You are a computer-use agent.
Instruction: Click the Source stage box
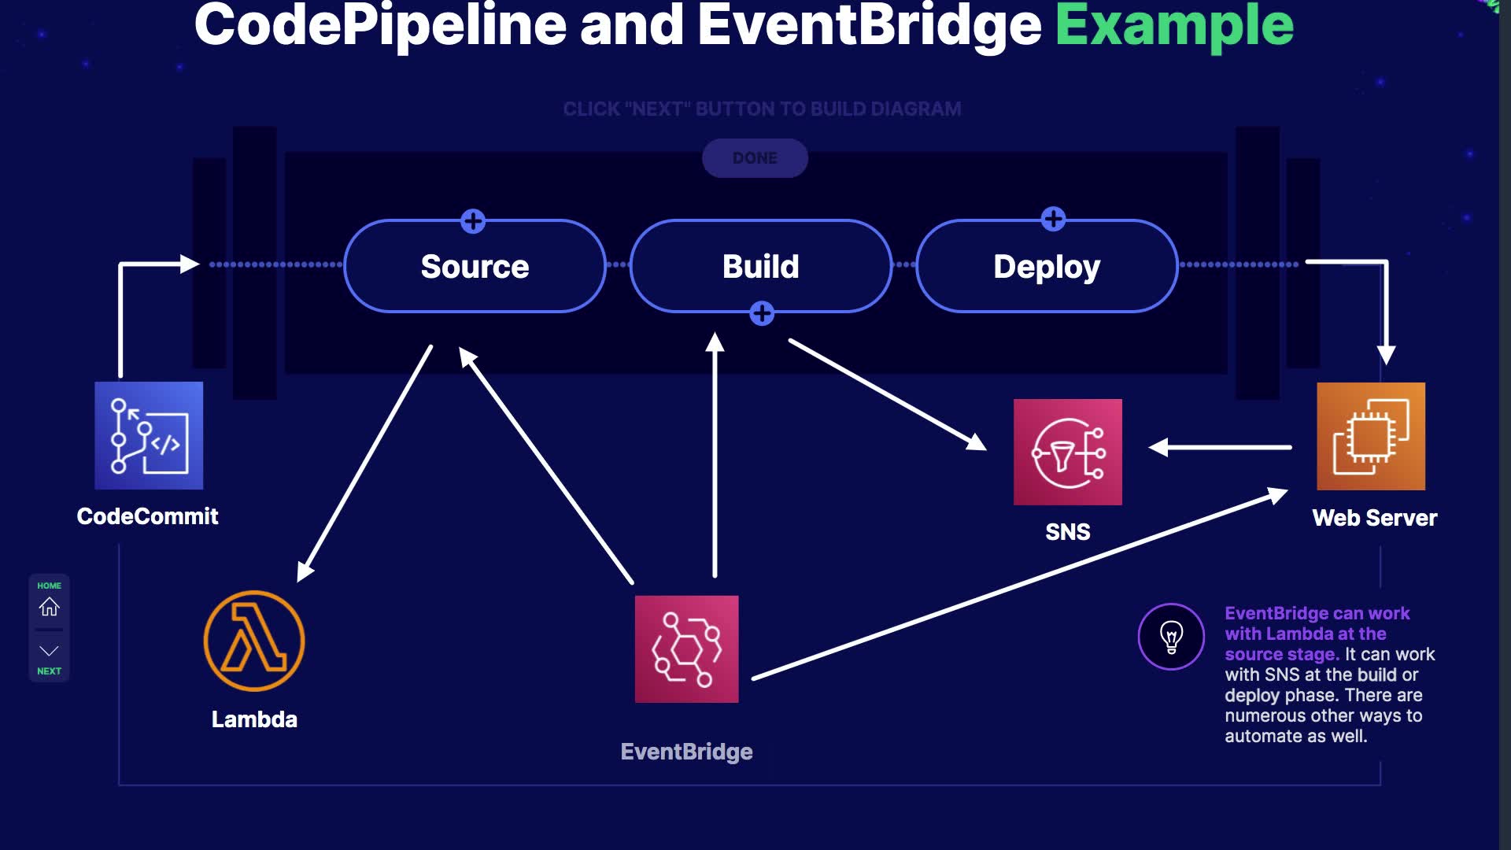[475, 267]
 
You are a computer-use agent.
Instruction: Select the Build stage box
[760, 267]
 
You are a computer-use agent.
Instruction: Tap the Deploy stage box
[1047, 267]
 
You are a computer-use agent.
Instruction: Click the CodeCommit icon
[149, 435]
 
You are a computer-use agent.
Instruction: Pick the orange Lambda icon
[254, 641]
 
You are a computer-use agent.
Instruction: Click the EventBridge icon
[686, 649]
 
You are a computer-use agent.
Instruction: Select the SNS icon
[1067, 452]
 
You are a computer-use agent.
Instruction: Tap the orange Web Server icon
[1370, 436]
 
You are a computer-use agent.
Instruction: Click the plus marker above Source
[473, 221]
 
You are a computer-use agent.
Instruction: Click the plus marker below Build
[761, 313]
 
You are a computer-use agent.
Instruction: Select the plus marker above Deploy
[1053, 219]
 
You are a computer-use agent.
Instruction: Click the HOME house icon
[49, 607]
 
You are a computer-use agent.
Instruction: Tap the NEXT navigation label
[49, 671]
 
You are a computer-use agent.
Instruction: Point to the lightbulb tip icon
[1171, 636]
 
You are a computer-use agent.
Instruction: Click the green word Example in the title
[1174, 25]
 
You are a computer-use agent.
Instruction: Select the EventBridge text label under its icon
[686, 752]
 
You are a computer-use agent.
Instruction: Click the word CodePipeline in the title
[380, 25]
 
